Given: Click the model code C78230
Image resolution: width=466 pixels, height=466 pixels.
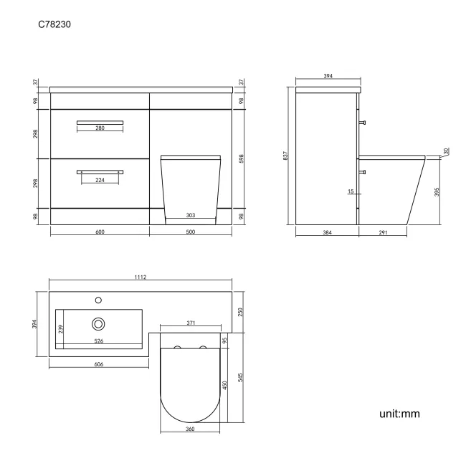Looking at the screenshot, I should pos(54,24).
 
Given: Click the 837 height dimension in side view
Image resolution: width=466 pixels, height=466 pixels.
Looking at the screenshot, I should pos(285,155).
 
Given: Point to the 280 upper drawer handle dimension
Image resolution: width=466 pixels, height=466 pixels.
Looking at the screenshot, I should pos(100,128).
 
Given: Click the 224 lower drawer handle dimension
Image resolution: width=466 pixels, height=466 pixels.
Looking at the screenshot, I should pos(100,180).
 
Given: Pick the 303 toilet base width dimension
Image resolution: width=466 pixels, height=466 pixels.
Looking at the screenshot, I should pos(190,215).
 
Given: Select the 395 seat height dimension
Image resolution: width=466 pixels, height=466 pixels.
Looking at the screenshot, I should pos(437,192).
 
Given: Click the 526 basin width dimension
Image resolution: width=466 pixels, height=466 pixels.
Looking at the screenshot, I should pos(98,341).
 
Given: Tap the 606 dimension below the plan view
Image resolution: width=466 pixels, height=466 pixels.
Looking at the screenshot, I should pos(99,364).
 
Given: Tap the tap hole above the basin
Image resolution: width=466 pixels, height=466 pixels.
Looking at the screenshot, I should pos(98,300).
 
